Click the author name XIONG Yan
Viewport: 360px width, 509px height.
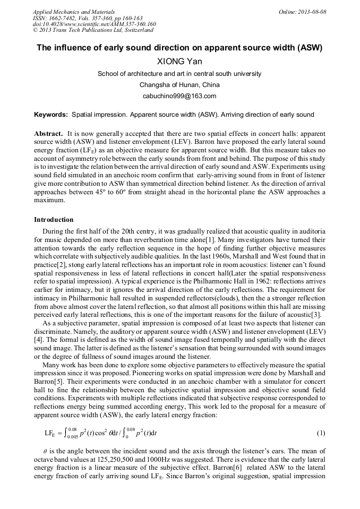[x=179, y=61]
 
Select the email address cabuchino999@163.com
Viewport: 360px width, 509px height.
[x=179, y=96]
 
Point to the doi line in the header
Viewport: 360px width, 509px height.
[x=94, y=24]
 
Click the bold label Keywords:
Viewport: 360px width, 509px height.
[x=51, y=115]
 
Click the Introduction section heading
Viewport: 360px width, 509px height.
[x=54, y=220]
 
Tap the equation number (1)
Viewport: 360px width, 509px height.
[x=321, y=433]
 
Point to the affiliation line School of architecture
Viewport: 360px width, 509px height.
[x=179, y=74]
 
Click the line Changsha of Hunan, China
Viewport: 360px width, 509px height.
[x=179, y=85]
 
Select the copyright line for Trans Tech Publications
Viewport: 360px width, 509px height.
[x=93, y=30]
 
